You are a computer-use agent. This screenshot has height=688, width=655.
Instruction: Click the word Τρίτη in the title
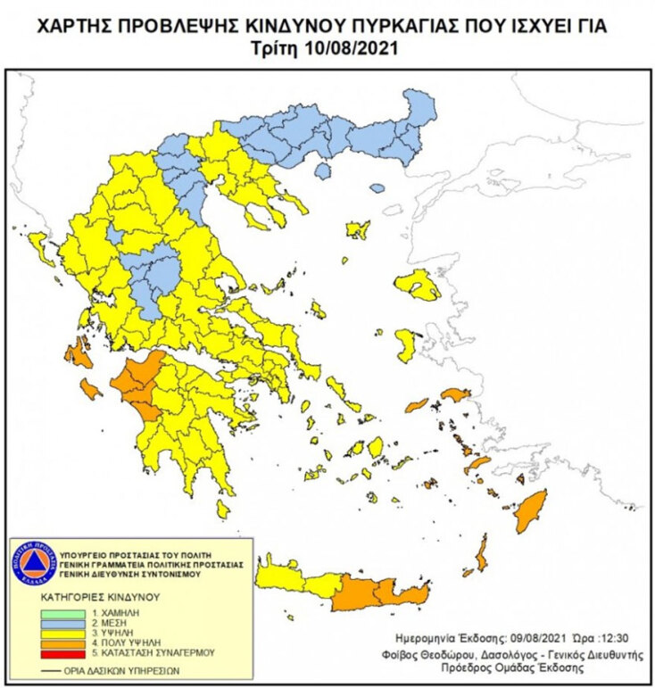[x=286, y=48]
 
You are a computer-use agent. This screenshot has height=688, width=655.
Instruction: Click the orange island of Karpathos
[x=483, y=559]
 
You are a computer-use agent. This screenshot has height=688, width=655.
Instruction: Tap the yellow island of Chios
[x=407, y=344]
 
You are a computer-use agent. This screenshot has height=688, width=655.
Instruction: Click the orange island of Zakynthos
[x=90, y=389]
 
